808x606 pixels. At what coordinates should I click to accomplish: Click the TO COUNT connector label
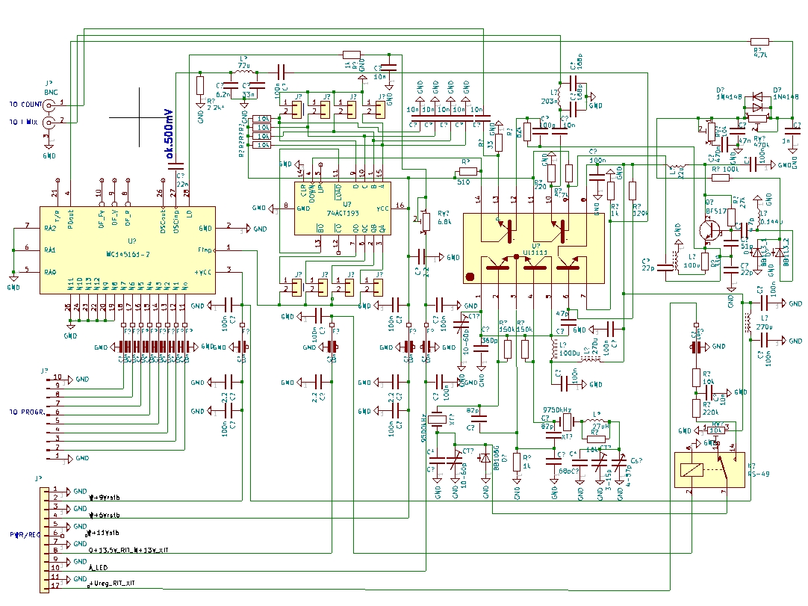pyautogui.click(x=25, y=103)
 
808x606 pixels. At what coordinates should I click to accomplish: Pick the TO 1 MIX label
pyautogui.click(x=25, y=121)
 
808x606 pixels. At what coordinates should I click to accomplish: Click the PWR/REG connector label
pyautogui.click(x=24, y=535)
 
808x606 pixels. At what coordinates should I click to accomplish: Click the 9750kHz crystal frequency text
pyautogui.click(x=556, y=410)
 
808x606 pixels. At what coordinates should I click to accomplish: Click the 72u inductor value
pyautogui.click(x=243, y=66)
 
